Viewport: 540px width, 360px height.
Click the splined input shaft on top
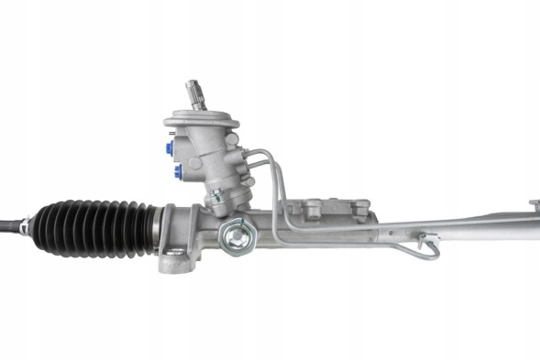195,93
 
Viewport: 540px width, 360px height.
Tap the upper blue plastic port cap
171,146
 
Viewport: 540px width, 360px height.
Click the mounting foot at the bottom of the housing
178,263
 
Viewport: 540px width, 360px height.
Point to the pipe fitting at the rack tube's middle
427,241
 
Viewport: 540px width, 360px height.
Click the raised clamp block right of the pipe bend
361,208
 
